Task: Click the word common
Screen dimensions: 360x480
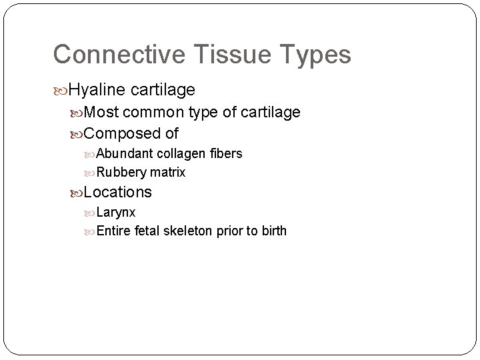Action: point(153,113)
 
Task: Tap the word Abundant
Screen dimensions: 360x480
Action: point(125,154)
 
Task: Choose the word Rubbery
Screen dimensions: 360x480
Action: point(121,173)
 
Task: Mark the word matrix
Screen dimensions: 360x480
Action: point(167,173)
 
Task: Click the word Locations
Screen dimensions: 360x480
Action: point(118,193)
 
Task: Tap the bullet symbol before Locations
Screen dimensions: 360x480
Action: point(76,193)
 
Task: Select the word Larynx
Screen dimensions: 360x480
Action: point(116,213)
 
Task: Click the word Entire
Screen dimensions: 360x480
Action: point(114,231)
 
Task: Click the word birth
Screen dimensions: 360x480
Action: point(273,231)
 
